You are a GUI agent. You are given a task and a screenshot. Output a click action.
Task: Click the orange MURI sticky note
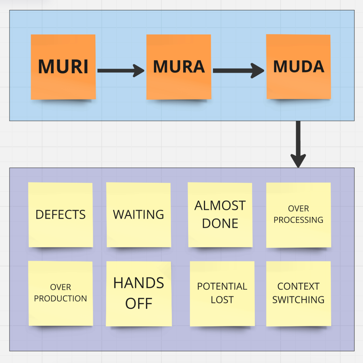tap(63, 67)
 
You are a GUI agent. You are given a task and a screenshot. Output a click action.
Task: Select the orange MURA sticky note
tap(179, 67)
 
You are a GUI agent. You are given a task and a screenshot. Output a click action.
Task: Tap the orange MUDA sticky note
tap(298, 67)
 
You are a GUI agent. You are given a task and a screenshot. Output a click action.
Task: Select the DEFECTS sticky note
tap(60, 215)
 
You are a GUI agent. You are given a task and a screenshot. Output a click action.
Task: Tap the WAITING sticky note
tap(139, 215)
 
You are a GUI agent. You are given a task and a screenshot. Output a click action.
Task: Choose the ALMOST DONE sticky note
tap(220, 215)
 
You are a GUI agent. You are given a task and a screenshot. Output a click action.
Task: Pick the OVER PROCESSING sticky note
tap(299, 215)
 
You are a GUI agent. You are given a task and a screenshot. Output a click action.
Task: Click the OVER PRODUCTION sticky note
tap(60, 293)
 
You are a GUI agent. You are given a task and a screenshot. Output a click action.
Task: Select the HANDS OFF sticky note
tap(139, 294)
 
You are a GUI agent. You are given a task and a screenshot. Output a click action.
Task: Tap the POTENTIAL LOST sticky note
tap(222, 294)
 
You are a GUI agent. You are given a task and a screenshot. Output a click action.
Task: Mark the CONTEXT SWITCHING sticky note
tap(299, 294)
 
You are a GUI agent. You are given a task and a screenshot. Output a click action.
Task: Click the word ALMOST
tap(220, 206)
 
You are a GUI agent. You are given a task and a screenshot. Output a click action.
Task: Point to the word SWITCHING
tap(299, 300)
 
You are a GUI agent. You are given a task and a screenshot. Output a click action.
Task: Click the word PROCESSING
tap(299, 220)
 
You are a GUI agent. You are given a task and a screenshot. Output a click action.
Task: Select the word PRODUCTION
tap(60, 299)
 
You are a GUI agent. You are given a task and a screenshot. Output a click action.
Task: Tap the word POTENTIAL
tap(222, 286)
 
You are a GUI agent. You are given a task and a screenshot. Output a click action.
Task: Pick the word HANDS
tap(139, 283)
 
